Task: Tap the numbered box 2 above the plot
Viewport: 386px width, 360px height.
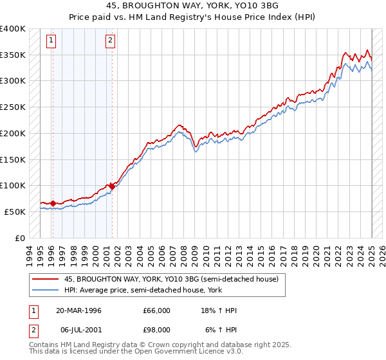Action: pos(111,41)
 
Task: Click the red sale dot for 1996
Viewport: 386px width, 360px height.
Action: pos(52,204)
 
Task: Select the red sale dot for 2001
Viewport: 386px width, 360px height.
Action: pos(112,186)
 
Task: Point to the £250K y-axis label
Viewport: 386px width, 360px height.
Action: pos(13,107)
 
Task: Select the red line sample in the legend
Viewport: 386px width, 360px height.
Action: pos(45,280)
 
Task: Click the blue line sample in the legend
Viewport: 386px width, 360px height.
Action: pos(45,289)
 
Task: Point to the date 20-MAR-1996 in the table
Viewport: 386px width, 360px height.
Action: pos(79,310)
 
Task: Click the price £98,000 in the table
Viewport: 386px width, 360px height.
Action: pos(156,329)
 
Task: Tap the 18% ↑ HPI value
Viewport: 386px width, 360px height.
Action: pos(219,310)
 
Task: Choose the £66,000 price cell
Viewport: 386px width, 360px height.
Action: pos(156,310)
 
